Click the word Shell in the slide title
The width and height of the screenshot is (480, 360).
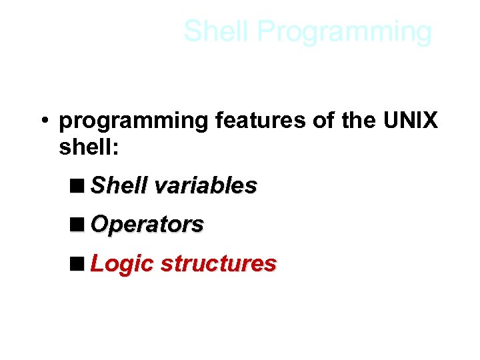click(x=217, y=31)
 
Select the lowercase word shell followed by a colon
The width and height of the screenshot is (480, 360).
click(x=85, y=147)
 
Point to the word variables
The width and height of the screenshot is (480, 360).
click(x=205, y=185)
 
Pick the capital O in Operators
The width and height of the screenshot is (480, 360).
click(x=99, y=225)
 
